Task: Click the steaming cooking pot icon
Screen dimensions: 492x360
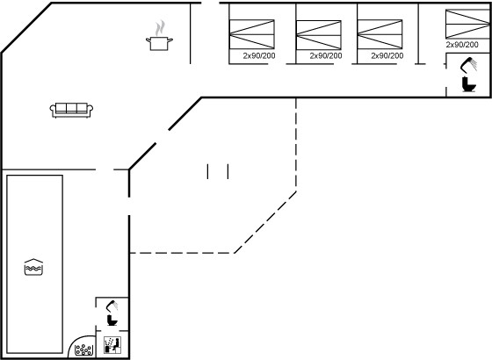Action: click(159, 35)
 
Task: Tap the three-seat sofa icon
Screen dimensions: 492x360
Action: click(71, 110)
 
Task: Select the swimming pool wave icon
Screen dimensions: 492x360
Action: click(33, 267)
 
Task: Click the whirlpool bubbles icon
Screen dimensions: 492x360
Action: click(84, 349)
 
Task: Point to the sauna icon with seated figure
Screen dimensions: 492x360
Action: click(112, 345)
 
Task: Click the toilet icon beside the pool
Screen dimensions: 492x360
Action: click(112, 320)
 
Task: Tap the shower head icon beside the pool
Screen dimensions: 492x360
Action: click(112, 306)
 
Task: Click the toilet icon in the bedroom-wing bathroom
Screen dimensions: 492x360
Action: click(469, 84)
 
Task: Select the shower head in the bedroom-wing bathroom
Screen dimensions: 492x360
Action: click(468, 65)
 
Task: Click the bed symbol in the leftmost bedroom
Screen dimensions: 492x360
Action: click(251, 34)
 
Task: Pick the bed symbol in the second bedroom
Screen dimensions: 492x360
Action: click(318, 35)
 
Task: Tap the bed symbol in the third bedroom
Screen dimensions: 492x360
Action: click(380, 34)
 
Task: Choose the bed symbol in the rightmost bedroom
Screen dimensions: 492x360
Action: click(467, 25)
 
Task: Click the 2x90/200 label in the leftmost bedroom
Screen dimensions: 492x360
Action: click(259, 56)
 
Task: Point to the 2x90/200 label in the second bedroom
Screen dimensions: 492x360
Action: click(326, 56)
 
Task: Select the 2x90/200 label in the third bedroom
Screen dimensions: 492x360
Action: click(387, 56)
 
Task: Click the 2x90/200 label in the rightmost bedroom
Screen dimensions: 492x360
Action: click(462, 45)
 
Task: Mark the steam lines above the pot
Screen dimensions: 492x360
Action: click(160, 27)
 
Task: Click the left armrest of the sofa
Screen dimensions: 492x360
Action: click(53, 110)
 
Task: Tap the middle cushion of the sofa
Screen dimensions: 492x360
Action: click(71, 107)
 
